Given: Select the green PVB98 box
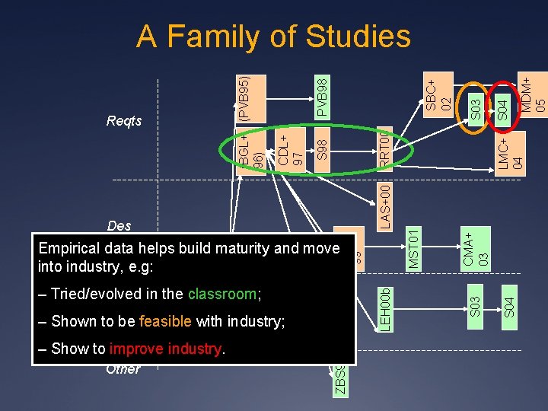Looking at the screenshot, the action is [322, 96].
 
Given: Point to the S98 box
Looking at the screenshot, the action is [322, 149].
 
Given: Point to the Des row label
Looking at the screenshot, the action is [119, 225].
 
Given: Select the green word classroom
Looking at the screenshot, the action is [222, 294].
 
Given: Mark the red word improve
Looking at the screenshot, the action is [137, 349].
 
